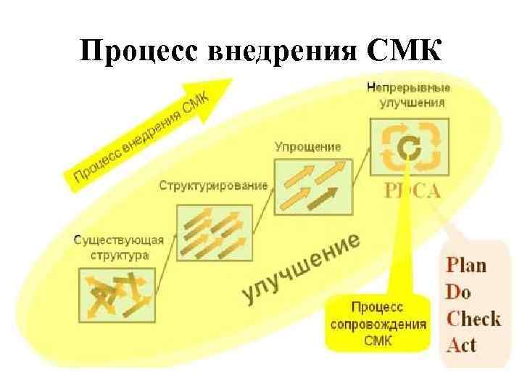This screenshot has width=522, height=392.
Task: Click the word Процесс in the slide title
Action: point(139,53)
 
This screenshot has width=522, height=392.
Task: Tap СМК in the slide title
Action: point(403,53)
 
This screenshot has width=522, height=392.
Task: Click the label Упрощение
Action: point(307,147)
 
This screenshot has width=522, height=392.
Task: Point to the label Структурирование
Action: point(213,187)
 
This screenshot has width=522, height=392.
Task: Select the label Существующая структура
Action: point(119,248)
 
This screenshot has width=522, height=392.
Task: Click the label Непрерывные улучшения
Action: point(409,95)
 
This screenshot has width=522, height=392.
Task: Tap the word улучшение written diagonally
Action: point(302,268)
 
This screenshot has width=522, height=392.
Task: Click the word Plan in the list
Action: point(465,264)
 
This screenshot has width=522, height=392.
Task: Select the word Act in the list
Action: point(461,343)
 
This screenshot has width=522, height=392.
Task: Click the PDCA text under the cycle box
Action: point(410,192)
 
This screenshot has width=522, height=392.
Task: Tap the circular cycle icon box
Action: point(409,146)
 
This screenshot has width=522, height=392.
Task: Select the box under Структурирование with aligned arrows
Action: point(214,232)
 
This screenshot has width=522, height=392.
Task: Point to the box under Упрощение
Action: point(312,183)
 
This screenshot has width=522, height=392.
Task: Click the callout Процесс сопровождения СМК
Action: point(378,322)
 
